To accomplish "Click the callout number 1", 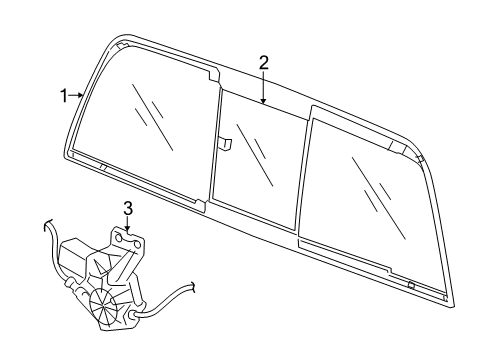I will click(x=63, y=96).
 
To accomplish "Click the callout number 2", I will click(x=264, y=63).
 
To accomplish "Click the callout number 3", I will click(x=128, y=208).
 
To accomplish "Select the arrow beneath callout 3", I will click(x=128, y=228).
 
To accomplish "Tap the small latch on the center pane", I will click(x=227, y=144).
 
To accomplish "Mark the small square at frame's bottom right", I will click(x=411, y=285).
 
